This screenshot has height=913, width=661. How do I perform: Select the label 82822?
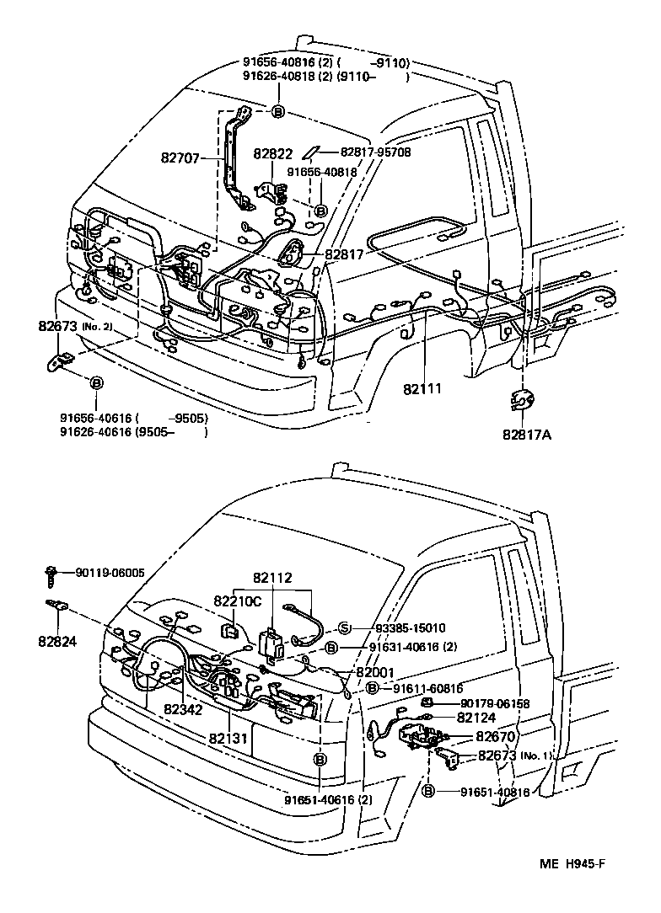pos(273,155)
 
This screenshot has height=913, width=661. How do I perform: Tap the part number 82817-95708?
pos(375,152)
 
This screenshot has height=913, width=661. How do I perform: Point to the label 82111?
pos(422,389)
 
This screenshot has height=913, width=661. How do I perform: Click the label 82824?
pos(57,641)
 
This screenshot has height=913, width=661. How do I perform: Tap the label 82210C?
pos(238,601)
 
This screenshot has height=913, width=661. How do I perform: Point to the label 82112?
pos(272,579)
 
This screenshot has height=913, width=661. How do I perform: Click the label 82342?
pos(184,710)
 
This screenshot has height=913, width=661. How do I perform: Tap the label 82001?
pos(374,672)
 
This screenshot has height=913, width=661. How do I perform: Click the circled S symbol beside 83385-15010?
pos(344,627)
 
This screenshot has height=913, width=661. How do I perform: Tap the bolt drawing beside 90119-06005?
pos(50,574)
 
